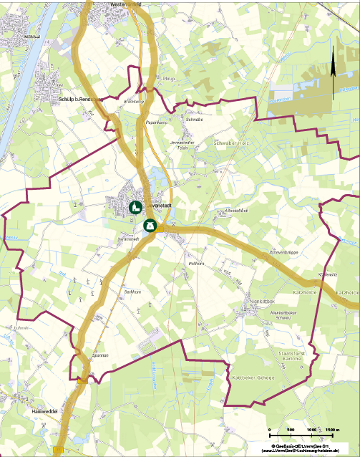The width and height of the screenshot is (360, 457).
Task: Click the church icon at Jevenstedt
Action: click(134, 208)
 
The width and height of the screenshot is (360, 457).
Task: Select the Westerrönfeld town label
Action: click(126, 4)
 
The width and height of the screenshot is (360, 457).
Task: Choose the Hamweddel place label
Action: click(44, 413)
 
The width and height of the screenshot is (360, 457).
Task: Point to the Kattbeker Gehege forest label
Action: click(253, 376)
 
